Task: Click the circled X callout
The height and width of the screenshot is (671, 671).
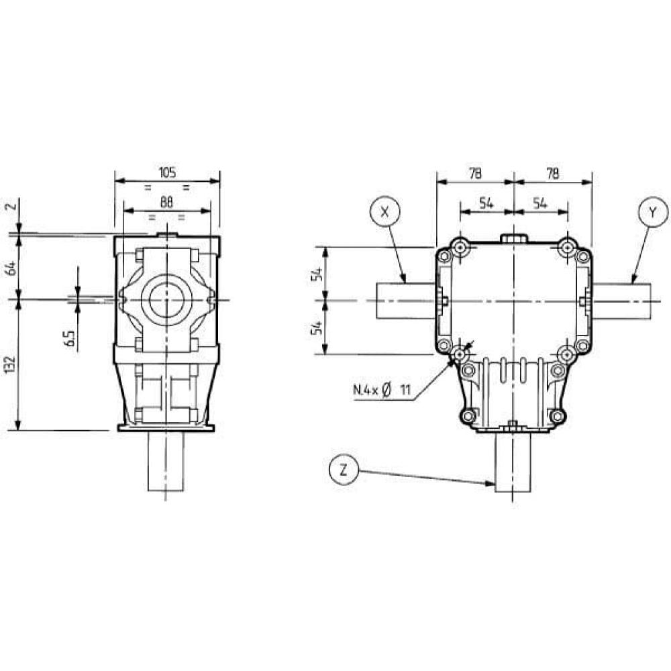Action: [x=384, y=213]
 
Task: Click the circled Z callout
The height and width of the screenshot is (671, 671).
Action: [x=343, y=470]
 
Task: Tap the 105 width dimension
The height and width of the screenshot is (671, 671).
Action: [x=167, y=173]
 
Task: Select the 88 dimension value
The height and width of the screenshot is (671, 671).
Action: [x=166, y=203]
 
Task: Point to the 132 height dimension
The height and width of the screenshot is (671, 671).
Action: [x=11, y=364]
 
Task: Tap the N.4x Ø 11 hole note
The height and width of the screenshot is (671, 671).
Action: [x=382, y=390]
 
